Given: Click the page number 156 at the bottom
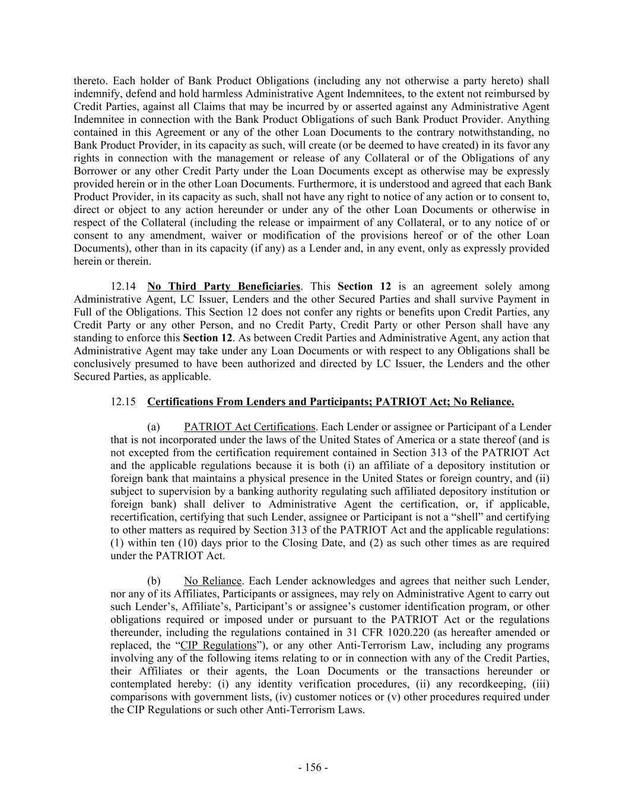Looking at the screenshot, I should click(313, 767).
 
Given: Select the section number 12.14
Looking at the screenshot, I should click(122, 287).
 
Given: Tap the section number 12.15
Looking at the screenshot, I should click(122, 402).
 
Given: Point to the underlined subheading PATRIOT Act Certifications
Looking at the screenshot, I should click(249, 427).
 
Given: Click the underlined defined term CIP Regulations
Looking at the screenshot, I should click(219, 645).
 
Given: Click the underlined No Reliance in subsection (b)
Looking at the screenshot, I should click(213, 581).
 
